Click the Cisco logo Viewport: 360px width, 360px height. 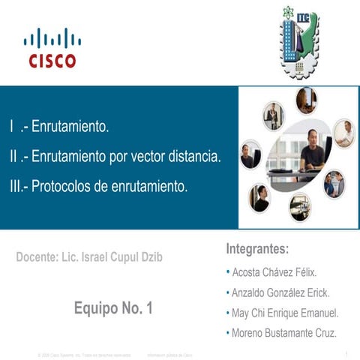(x=52, y=48)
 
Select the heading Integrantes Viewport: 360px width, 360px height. (x=257, y=248)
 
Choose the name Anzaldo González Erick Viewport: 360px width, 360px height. (x=280, y=292)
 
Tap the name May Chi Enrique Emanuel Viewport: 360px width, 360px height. (x=285, y=313)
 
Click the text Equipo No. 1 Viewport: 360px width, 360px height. (x=113, y=307)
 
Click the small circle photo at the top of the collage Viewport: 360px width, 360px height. (x=306, y=100)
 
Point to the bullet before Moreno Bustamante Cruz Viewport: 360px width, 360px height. (x=228, y=333)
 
